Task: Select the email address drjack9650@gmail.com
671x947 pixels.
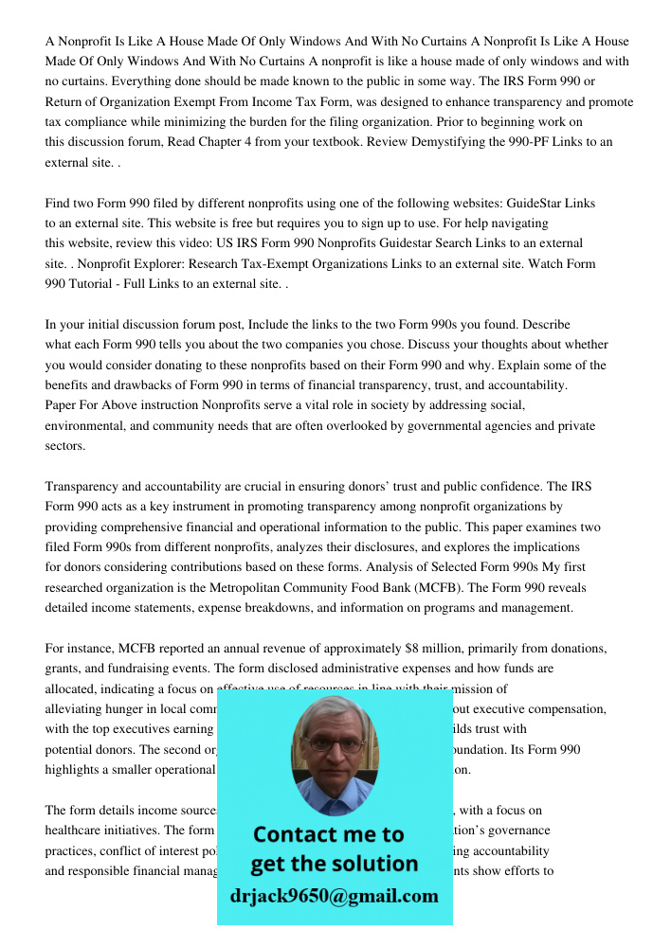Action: coord(334,896)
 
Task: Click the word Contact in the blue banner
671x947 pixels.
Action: coord(299,834)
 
